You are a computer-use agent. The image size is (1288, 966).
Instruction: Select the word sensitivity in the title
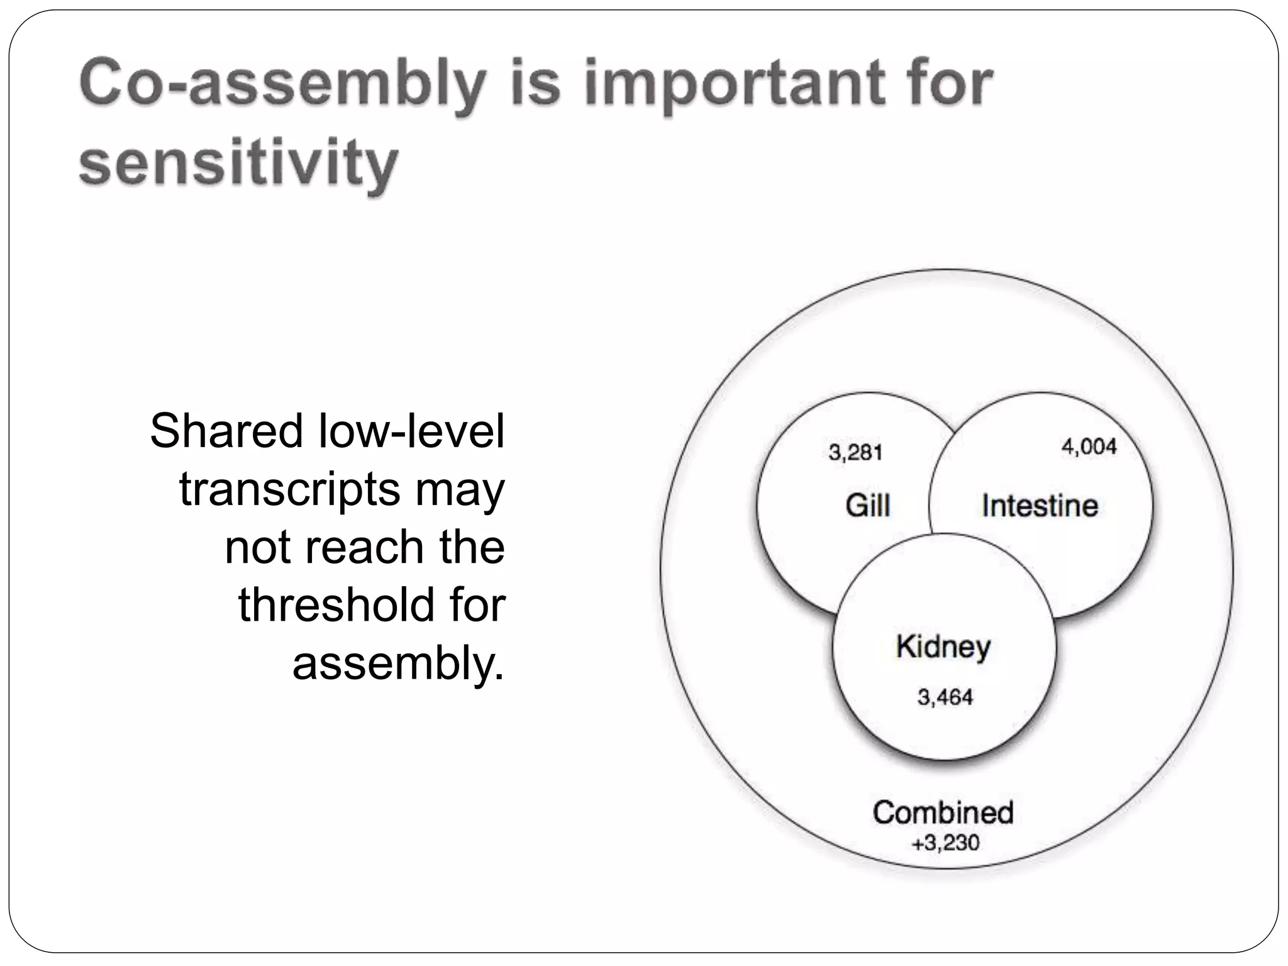click(x=238, y=163)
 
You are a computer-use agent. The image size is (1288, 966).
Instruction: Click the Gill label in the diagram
click(x=867, y=505)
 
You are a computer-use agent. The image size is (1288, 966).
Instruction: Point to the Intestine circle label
click(x=1040, y=505)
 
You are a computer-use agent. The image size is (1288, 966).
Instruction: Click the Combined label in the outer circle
click(x=943, y=812)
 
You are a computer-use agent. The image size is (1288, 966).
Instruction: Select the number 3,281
click(x=855, y=452)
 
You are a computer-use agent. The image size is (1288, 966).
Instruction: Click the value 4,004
click(x=1089, y=447)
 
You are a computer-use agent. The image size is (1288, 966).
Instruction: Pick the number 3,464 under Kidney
click(x=945, y=697)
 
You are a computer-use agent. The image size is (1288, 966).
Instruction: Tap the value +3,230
click(x=945, y=842)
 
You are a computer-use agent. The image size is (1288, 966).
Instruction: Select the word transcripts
click(x=289, y=489)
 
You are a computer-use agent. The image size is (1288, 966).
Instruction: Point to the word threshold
click(x=336, y=605)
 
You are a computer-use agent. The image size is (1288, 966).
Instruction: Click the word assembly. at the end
click(x=398, y=663)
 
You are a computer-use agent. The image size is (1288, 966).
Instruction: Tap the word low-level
click(x=412, y=431)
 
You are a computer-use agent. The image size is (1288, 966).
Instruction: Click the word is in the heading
click(x=535, y=85)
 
